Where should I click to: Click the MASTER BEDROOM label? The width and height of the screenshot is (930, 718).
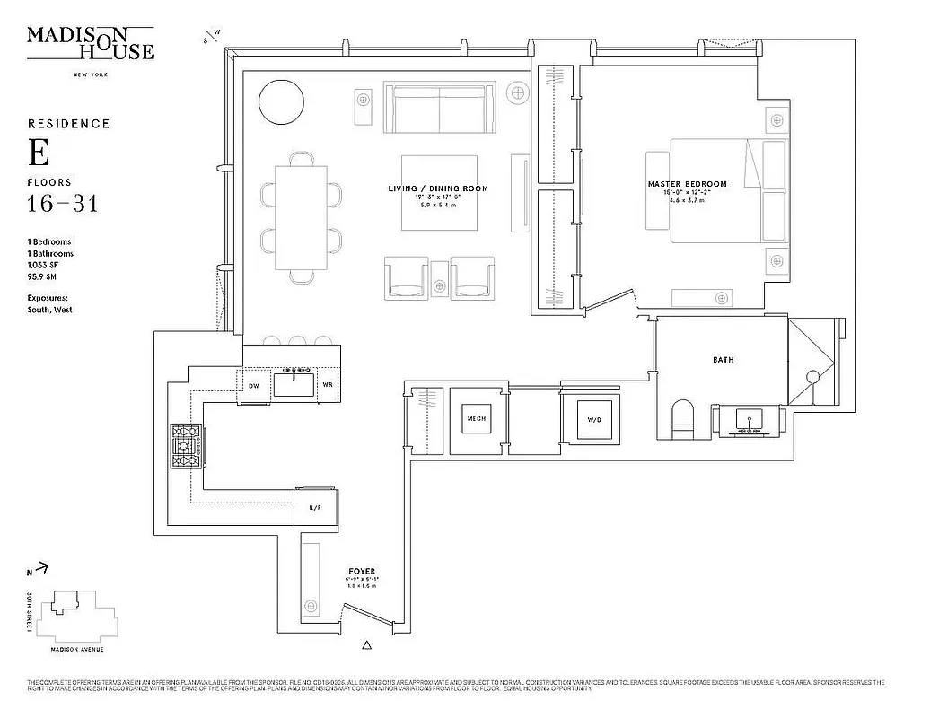(x=687, y=184)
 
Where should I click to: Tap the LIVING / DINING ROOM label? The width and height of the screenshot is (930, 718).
(x=438, y=188)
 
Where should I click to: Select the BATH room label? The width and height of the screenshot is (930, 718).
(x=723, y=360)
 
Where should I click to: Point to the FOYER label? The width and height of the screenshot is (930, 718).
(x=362, y=571)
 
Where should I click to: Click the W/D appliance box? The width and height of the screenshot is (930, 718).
(x=593, y=418)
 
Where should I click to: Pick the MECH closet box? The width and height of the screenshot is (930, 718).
(x=476, y=418)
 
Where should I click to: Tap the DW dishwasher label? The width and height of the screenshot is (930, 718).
(x=253, y=386)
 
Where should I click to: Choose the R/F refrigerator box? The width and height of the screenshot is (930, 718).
(x=316, y=509)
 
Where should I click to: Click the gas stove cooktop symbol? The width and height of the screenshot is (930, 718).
(x=188, y=447)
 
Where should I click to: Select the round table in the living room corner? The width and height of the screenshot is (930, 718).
(x=283, y=103)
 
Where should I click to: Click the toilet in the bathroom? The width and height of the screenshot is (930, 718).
(x=684, y=420)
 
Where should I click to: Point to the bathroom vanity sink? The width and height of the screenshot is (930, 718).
(x=749, y=419)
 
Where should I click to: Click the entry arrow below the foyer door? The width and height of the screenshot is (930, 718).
(x=365, y=644)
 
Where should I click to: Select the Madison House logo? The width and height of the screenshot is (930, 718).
(x=90, y=42)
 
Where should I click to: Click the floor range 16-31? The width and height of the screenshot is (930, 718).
(x=62, y=204)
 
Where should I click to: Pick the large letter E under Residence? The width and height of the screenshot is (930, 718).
(x=38, y=154)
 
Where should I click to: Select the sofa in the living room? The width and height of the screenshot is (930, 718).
(x=440, y=108)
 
